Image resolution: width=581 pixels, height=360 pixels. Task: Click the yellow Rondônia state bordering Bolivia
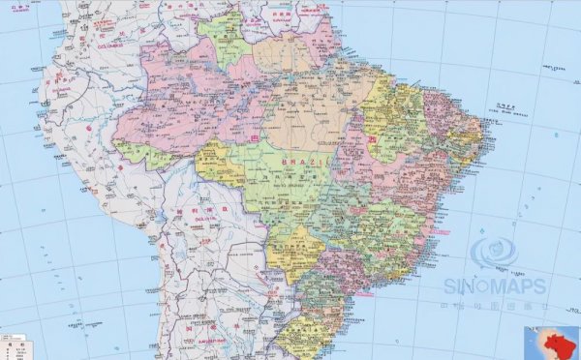tap(219, 165)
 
